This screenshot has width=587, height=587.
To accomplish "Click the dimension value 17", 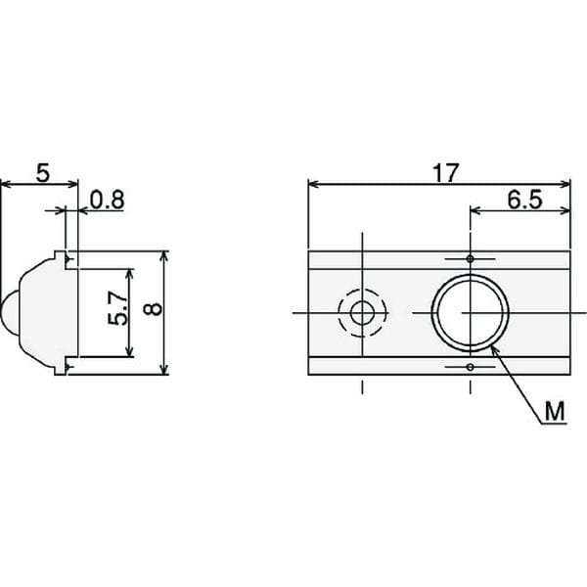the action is [x=445, y=172].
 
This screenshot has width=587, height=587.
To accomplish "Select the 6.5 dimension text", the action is [x=524, y=200].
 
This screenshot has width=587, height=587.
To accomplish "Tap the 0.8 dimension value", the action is [x=107, y=200].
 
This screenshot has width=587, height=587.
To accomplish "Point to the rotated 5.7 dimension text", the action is [x=118, y=308].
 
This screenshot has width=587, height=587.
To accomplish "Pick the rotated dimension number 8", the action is [x=153, y=309].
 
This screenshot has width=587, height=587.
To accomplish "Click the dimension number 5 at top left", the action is [x=43, y=173].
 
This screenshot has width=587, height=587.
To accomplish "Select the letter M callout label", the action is [x=555, y=412].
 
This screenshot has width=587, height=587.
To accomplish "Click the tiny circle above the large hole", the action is [x=471, y=258].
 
